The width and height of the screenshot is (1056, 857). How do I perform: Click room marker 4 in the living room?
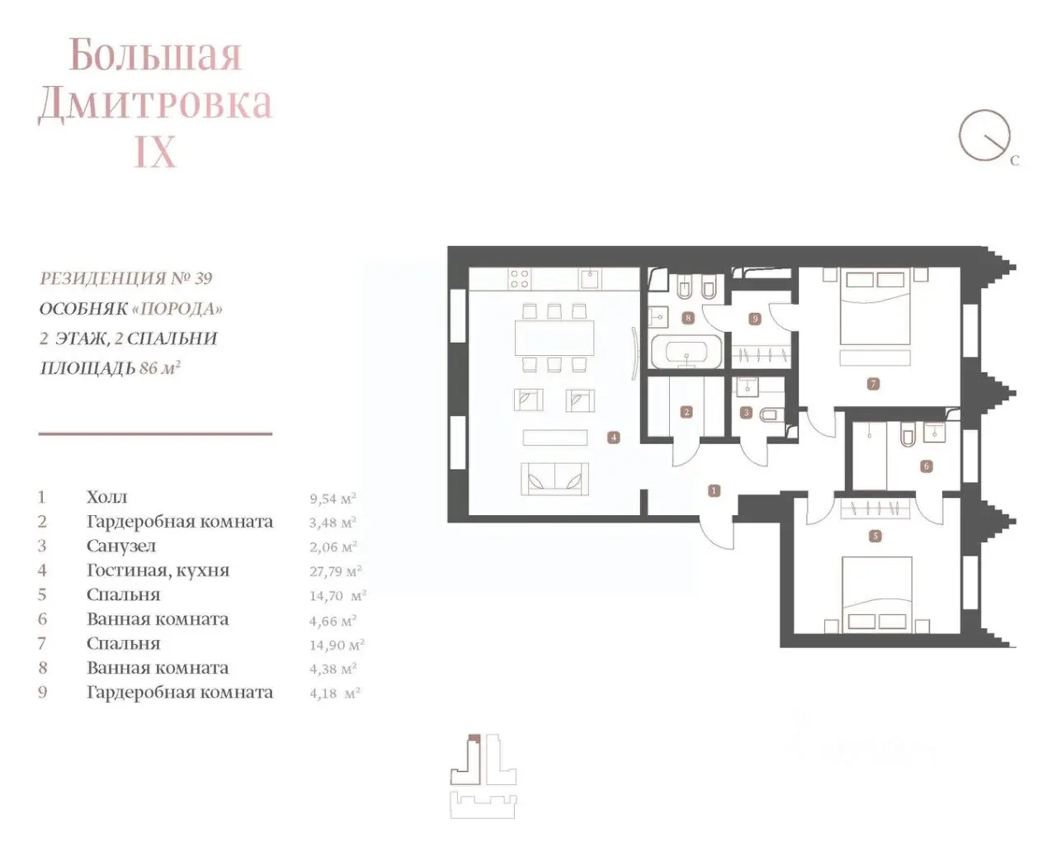coord(614,438)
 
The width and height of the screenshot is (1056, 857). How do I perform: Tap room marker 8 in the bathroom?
coord(688,318)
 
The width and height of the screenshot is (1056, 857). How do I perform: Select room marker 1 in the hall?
coord(714,490)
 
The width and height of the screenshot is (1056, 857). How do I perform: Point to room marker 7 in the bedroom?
coord(873,384)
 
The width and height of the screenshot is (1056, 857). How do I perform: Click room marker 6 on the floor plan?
coord(926,466)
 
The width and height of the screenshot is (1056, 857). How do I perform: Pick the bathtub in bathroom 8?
coord(687,352)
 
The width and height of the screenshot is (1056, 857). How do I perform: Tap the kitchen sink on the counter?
coord(591,278)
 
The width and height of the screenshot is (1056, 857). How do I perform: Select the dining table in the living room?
coord(554,338)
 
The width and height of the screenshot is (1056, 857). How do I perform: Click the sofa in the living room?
coord(554,479)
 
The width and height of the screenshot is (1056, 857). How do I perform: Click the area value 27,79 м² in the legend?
coord(336,571)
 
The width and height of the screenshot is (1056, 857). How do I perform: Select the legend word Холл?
coord(106,497)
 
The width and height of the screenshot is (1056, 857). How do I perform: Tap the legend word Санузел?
coord(121,547)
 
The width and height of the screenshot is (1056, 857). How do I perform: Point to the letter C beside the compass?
coord(1015,161)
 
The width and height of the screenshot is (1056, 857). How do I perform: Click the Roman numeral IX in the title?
coord(155,151)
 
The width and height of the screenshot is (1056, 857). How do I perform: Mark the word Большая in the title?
coord(155,54)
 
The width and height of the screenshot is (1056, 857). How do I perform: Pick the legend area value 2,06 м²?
coord(333,547)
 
